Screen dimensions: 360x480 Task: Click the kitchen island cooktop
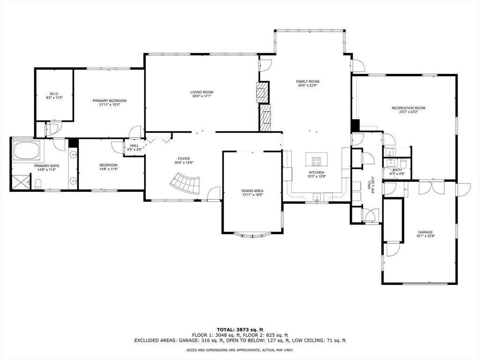click(x=316, y=161)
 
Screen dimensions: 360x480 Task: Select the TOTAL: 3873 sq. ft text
click(x=240, y=330)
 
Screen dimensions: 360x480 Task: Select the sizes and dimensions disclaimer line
click(x=240, y=350)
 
